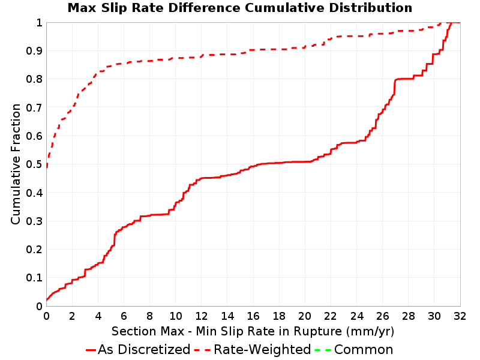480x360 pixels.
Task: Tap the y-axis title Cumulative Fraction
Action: click(x=16, y=164)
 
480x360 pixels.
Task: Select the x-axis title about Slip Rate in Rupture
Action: click(x=253, y=331)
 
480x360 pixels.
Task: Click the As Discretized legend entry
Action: click(x=138, y=350)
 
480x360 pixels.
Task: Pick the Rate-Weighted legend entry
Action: click(x=253, y=350)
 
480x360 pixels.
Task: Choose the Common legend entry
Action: click(x=354, y=350)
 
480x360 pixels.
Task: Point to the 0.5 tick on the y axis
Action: click(x=34, y=164)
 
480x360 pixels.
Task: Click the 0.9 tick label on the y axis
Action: click(x=34, y=51)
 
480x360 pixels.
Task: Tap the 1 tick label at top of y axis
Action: click(x=39, y=23)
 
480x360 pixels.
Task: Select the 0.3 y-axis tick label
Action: click(x=34, y=221)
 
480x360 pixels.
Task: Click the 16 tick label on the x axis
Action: click(x=253, y=316)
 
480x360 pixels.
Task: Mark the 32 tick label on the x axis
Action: click(x=460, y=316)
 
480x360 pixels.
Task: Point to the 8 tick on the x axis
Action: click(x=149, y=316)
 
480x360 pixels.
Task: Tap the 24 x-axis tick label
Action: click(x=356, y=316)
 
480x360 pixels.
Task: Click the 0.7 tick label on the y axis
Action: click(x=34, y=108)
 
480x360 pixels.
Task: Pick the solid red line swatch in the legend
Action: click(x=91, y=350)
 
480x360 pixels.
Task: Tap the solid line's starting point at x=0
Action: click(x=47, y=300)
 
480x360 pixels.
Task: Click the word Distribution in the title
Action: click(x=371, y=8)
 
